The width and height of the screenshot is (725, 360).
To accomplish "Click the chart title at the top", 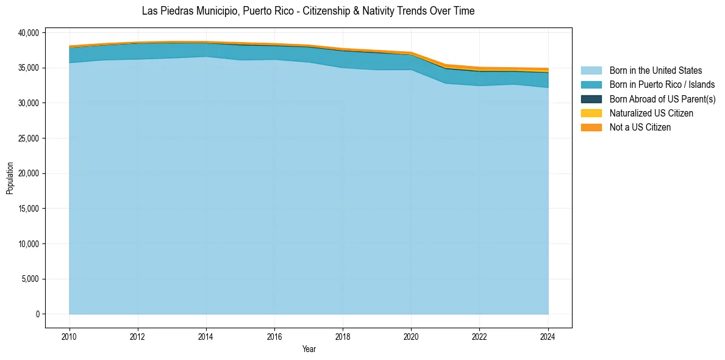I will pyautogui.click(x=308, y=11).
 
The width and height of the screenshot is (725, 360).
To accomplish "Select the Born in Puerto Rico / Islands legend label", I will pyautogui.click(x=662, y=85).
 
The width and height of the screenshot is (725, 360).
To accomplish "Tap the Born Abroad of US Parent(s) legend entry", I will pyautogui.click(x=662, y=99).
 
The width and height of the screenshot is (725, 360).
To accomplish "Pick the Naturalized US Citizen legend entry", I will pyautogui.click(x=651, y=113).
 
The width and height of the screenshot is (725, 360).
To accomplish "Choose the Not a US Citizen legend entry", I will pyautogui.click(x=640, y=128).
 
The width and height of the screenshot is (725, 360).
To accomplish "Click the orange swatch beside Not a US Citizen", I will pyautogui.click(x=591, y=128).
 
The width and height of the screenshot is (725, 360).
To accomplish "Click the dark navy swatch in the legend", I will pyautogui.click(x=591, y=99).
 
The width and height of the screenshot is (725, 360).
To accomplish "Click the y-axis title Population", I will pyautogui.click(x=10, y=178).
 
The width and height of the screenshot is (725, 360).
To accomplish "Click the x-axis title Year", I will pyautogui.click(x=309, y=349).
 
